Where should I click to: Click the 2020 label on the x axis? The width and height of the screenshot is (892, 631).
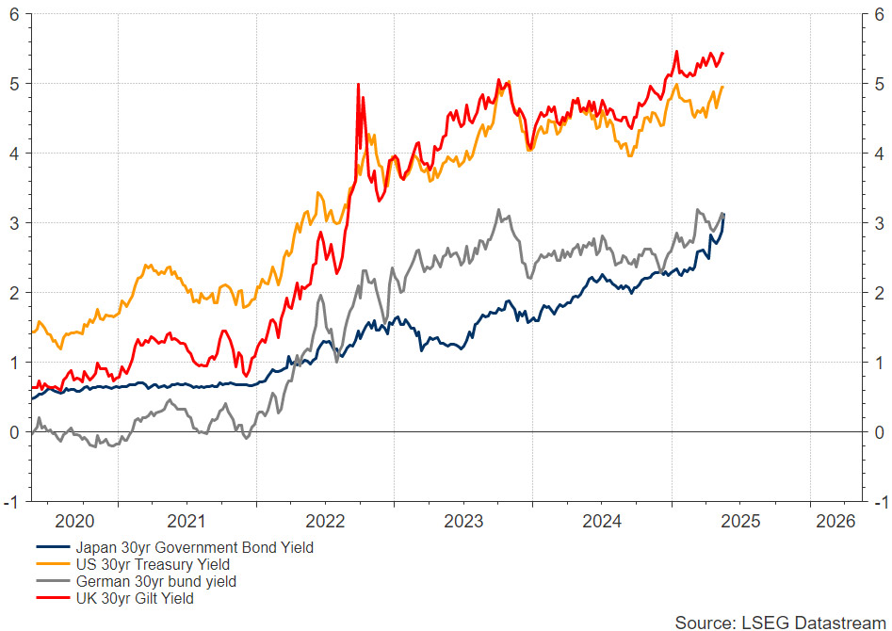pyautogui.click(x=74, y=521)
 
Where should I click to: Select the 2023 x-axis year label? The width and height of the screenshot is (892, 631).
pyautogui.click(x=462, y=521)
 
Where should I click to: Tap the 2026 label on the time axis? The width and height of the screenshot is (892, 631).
pyautogui.click(x=835, y=521)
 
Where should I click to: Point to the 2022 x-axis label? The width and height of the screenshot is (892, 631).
pyautogui.click(x=327, y=521)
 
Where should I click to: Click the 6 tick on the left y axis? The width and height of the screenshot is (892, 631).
pyautogui.click(x=16, y=14)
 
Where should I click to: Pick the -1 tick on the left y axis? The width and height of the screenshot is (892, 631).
pyautogui.click(x=13, y=501)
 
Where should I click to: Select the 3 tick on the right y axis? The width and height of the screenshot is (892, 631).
pyautogui.click(x=879, y=223)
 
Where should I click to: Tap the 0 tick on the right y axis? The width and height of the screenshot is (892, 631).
pyautogui.click(x=879, y=432)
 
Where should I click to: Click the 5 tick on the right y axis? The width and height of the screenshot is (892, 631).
pyautogui.click(x=879, y=84)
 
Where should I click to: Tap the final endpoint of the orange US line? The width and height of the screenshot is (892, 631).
pyautogui.click(x=722, y=87)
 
